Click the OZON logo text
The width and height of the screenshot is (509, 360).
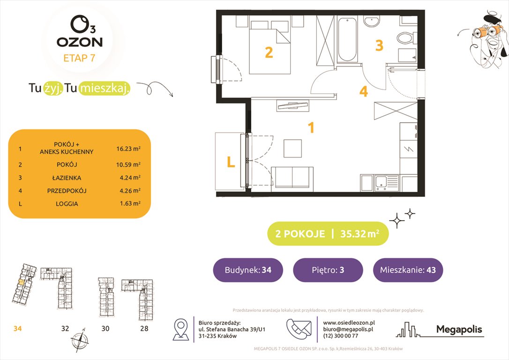[79, 41]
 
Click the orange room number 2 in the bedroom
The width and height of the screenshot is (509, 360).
[269, 52]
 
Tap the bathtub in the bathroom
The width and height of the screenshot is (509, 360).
[347, 40]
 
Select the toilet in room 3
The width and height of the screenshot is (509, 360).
[404, 37]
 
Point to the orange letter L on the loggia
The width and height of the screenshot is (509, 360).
[230, 162]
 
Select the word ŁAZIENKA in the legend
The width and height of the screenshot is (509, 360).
[67, 178]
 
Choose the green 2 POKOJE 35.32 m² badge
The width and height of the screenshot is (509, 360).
[328, 233]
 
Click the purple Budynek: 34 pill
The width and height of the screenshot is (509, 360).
[248, 270]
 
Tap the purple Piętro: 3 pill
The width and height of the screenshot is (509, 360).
[328, 270]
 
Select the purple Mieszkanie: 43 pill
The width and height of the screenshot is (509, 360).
[408, 270]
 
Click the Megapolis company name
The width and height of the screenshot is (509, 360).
[459, 330]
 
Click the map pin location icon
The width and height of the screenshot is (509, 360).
[181, 329]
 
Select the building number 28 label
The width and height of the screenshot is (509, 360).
[144, 329]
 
